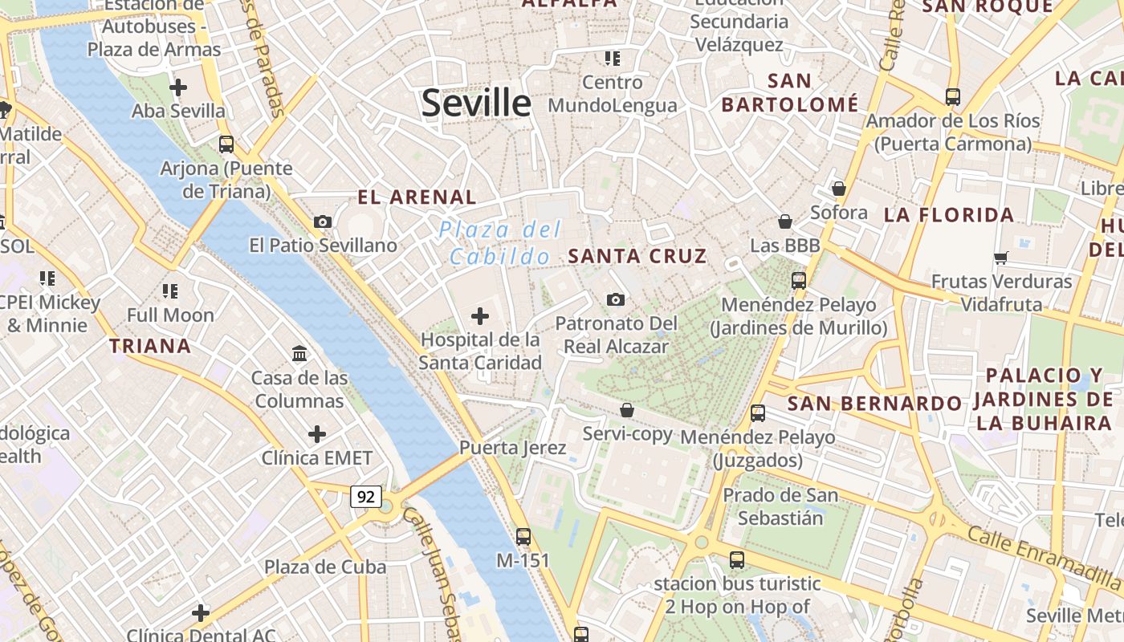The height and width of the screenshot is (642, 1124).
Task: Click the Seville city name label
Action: pos(476,103)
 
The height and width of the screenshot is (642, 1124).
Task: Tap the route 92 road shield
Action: pos(365,497)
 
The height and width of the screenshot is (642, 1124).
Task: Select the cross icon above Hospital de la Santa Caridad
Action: pos(480,316)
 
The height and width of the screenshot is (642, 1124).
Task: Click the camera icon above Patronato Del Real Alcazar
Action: pos(616,299)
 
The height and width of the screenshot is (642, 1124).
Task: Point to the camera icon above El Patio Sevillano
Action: pos(323,221)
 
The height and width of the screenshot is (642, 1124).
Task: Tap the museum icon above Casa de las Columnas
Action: pos(299,353)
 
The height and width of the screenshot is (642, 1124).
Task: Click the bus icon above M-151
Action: pos(523,536)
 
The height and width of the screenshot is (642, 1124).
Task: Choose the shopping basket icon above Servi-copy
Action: pos(627,410)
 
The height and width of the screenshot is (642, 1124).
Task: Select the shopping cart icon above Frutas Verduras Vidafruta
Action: pos(1000,258)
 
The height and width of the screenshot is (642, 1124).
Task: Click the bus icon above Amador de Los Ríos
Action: pos(953,96)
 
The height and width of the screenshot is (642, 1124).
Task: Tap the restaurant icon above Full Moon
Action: pos(169,291)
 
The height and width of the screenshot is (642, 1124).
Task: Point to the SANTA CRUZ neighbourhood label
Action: pos(637,256)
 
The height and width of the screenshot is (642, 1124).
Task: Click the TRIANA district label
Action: pos(150,346)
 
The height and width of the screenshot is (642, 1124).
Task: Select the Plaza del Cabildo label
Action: pos(499,243)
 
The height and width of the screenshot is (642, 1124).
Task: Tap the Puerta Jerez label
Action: pos(512,448)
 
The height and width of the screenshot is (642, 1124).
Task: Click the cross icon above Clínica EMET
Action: pos(317,434)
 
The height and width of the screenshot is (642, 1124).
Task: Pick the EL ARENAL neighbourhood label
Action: pos(417,197)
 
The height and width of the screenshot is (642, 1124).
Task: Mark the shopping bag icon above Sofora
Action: pos(839,189)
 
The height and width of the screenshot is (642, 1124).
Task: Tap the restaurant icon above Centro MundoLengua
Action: pos(613,58)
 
